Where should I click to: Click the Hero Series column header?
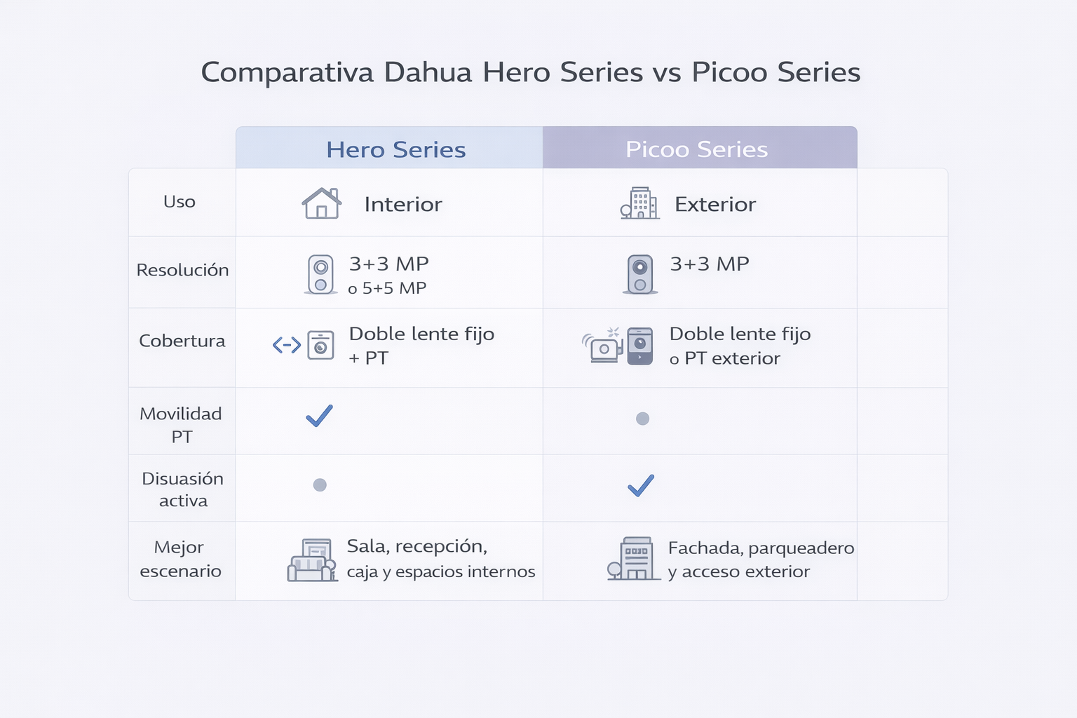[x=395, y=149]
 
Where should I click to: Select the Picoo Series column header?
[x=697, y=149]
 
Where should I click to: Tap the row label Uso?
[x=179, y=201]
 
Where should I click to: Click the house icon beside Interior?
[x=322, y=203]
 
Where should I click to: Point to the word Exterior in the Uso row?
[x=715, y=204]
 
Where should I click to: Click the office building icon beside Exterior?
[x=640, y=203]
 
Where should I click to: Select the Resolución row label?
[x=183, y=270]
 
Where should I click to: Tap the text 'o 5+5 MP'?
[x=387, y=288]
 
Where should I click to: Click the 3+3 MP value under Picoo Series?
[x=710, y=264]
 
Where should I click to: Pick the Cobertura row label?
[x=182, y=341]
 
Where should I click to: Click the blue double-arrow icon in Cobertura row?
[x=287, y=345]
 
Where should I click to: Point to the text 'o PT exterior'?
[x=724, y=358]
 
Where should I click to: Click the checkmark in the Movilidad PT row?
[x=319, y=416]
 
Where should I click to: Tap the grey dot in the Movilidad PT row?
[x=642, y=419]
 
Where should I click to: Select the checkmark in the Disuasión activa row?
[x=641, y=486]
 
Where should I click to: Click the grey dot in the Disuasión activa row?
[x=320, y=485]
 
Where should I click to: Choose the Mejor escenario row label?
[x=181, y=559]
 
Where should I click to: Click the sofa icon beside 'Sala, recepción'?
[x=312, y=560]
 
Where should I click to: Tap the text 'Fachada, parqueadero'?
[x=761, y=548]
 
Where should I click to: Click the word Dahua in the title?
[x=428, y=73]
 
